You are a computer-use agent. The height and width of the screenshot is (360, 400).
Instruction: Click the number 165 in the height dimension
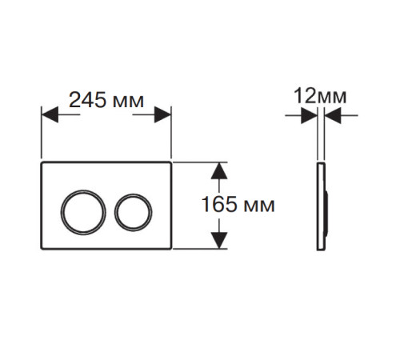click(219, 204)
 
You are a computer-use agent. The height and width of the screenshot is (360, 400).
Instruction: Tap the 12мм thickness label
click(320, 96)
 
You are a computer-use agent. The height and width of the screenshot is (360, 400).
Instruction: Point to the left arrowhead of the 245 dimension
click(50, 114)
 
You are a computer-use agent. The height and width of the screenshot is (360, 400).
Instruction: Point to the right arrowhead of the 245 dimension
click(162, 114)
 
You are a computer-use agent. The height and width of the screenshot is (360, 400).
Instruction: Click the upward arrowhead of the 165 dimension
click(219, 170)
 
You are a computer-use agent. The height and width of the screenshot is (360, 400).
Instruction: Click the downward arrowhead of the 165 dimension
click(219, 240)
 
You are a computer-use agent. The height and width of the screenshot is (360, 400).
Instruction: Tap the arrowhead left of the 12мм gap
click(309, 115)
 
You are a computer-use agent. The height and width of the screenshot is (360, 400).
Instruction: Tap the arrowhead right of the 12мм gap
click(333, 115)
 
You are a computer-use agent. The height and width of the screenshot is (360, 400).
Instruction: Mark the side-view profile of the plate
click(321, 206)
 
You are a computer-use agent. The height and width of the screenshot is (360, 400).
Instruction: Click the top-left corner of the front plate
click(41, 162)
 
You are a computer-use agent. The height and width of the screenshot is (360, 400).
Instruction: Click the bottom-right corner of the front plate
click(171, 249)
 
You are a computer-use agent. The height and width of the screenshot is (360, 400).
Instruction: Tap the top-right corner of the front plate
click(171, 162)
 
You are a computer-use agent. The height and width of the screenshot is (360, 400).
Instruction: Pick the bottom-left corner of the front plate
click(41, 249)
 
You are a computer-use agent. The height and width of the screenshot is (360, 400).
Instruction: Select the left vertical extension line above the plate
click(42, 133)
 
